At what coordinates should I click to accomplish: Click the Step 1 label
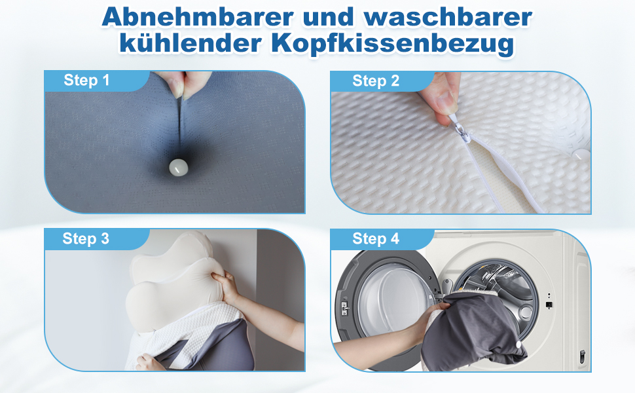tap(86, 81)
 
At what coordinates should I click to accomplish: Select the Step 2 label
tap(375, 81)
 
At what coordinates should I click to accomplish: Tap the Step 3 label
tap(86, 238)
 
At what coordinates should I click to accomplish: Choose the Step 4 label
tap(375, 239)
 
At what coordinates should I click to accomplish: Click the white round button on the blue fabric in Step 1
tap(176, 167)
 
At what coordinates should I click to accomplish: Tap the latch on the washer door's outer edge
tap(344, 307)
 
